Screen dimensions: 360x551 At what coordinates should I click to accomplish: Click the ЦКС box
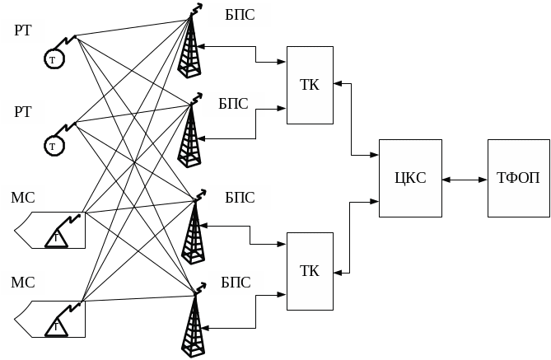410,178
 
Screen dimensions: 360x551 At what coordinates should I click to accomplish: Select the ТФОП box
518,178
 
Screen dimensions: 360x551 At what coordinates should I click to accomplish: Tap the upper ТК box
310,85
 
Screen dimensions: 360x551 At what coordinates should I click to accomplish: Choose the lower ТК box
310,271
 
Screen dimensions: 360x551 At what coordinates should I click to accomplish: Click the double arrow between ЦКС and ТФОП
465,179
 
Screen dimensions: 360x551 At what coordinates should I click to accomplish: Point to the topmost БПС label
238,15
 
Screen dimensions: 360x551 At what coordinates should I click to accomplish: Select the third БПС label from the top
238,198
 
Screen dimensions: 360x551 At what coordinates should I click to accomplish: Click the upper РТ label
22,31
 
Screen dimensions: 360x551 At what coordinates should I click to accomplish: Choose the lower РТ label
22,111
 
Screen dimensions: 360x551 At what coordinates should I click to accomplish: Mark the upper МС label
22,198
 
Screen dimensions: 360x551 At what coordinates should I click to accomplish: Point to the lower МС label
22,283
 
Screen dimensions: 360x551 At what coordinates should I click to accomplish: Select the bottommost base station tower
192,325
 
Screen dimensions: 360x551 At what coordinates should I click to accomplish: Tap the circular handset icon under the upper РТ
54,59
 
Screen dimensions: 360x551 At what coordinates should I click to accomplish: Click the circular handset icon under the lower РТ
54,146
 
